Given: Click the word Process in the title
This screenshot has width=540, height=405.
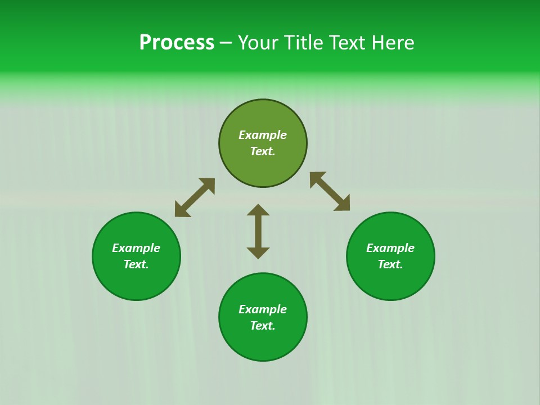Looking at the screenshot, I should (177, 43).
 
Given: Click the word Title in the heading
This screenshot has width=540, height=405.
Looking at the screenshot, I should (303, 43).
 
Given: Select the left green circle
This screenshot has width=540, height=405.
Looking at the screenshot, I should (136, 281).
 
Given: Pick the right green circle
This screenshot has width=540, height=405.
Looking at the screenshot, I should (390, 281).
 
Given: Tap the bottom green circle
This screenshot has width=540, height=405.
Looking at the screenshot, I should (263, 343).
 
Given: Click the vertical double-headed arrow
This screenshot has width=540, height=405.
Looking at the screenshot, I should (258, 231).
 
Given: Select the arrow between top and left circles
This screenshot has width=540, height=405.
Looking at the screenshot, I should (195, 197).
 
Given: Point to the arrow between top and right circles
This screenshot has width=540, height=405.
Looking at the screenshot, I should (330, 191).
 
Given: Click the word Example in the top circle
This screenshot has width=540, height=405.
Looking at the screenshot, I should (263, 135).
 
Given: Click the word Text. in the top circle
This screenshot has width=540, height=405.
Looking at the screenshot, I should (263, 151).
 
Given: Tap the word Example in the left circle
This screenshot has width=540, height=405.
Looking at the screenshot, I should (136, 248).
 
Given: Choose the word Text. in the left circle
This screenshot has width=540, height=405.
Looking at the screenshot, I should (136, 264).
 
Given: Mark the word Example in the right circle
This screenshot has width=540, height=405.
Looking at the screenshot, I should (390, 248).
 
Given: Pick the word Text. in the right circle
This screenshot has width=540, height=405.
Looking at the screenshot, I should (390, 264).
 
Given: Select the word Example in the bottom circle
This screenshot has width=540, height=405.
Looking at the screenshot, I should (263, 309).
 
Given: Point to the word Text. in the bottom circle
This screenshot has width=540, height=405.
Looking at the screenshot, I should (263, 326).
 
